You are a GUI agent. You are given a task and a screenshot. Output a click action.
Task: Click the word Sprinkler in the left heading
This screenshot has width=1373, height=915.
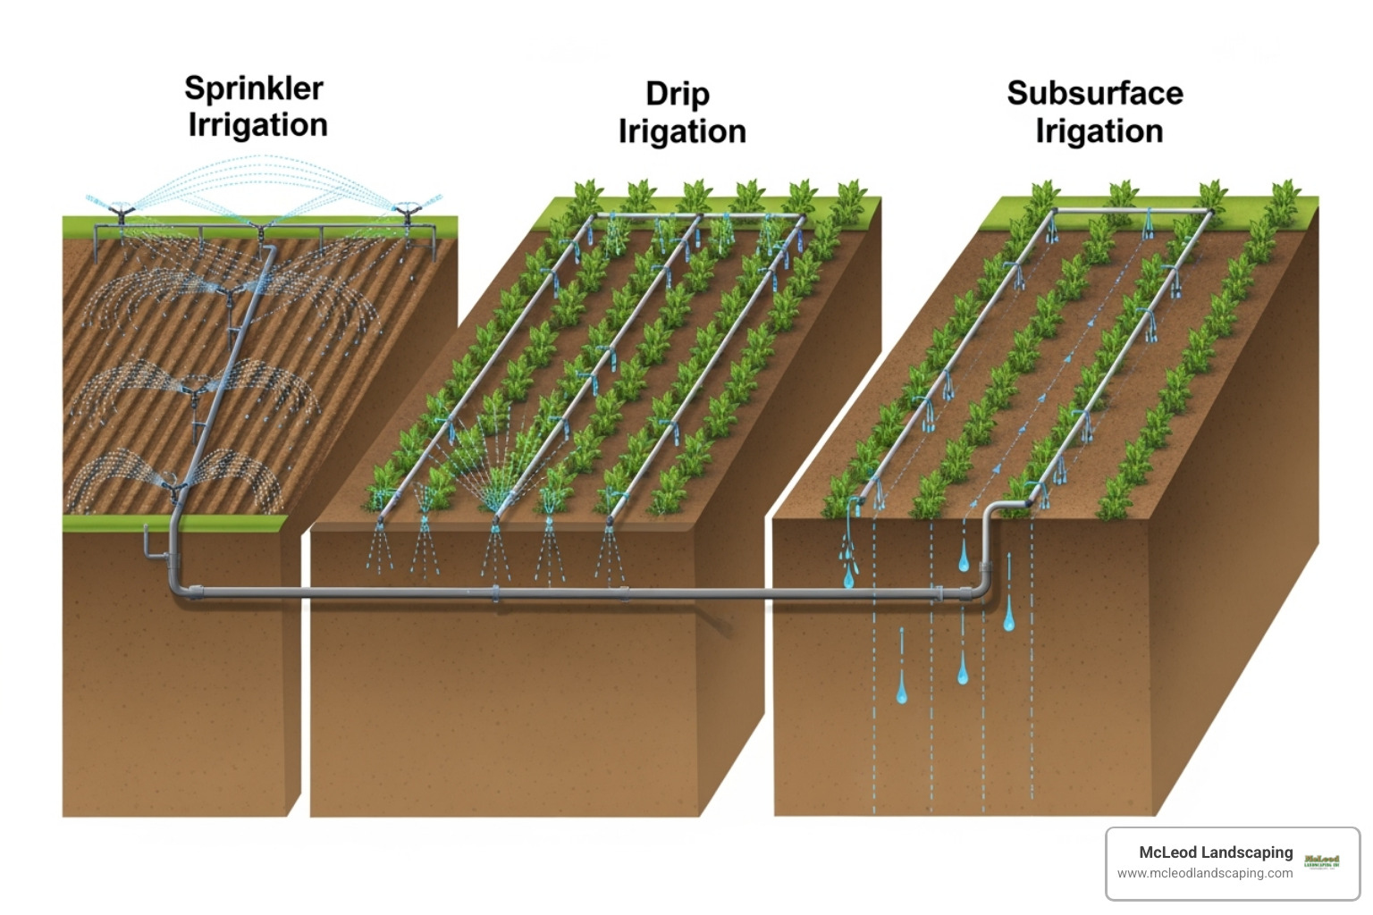[254, 88]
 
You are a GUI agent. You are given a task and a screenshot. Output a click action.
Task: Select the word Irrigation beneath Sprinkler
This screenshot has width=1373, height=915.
[257, 125]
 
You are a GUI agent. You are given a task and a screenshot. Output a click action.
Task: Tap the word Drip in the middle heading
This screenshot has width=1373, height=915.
[678, 94]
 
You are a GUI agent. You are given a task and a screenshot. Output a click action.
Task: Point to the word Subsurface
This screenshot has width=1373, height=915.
[1095, 93]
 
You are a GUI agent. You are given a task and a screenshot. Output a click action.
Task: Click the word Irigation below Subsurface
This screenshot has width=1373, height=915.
[1099, 131]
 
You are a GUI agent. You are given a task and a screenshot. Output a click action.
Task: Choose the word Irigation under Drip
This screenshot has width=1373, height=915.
[682, 131]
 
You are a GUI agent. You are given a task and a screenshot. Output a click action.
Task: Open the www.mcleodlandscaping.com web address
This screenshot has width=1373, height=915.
[1204, 873]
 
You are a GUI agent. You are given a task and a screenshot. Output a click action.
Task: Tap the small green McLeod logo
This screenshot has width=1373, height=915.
[1321, 861]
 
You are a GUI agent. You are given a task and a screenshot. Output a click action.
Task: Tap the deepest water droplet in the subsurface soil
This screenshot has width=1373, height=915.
[902, 693]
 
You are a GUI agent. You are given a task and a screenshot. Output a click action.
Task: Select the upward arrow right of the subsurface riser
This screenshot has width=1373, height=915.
[1009, 563]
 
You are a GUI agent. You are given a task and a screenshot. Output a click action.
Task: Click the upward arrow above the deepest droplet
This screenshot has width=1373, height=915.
[902, 640]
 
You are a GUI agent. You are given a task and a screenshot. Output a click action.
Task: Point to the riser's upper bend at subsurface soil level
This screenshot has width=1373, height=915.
[993, 510]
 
